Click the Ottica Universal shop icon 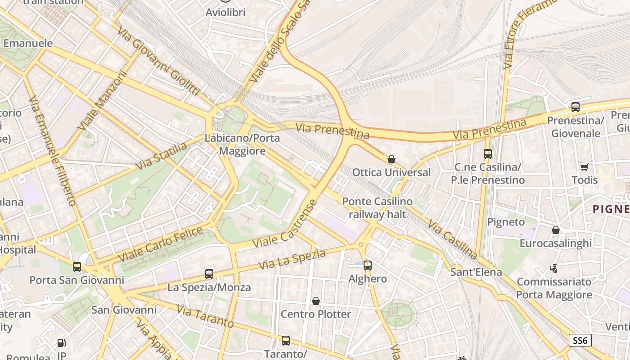(x=391, y=159)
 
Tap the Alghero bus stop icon (x=368, y=265)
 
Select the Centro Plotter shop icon (x=316, y=301)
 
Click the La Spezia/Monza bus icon (x=209, y=274)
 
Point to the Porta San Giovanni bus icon (x=77, y=267)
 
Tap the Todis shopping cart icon (x=585, y=167)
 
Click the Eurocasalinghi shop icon (x=556, y=230)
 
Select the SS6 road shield (x=580, y=340)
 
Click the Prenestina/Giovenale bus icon (x=575, y=107)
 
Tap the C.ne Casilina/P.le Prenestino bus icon (x=488, y=154)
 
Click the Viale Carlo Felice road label (x=160, y=245)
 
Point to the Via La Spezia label (x=292, y=260)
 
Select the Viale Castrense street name (x=285, y=224)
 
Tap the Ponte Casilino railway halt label (x=377, y=208)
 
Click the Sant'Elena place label (x=476, y=272)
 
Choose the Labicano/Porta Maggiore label (x=242, y=144)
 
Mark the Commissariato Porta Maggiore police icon (x=554, y=269)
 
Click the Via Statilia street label (x=161, y=156)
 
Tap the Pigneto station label (x=506, y=222)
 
